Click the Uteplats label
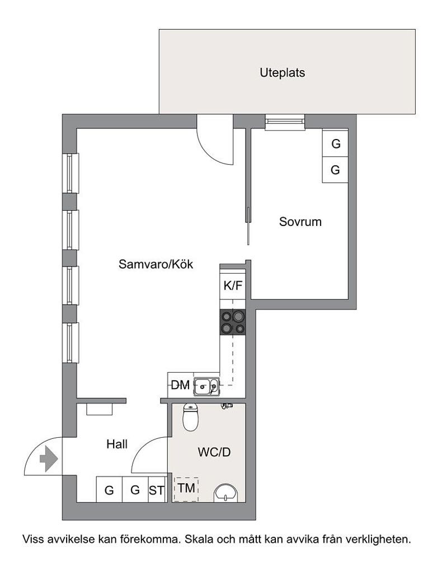click(x=282, y=73)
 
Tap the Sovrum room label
click(x=300, y=221)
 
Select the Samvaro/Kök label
click(x=156, y=264)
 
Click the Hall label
click(x=117, y=445)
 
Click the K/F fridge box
click(x=233, y=286)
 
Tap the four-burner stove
click(x=233, y=322)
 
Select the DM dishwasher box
click(x=180, y=385)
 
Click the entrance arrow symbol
click(x=48, y=460)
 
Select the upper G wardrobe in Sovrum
click(x=336, y=143)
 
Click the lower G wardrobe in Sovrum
click(x=336, y=170)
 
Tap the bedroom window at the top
click(x=285, y=122)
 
